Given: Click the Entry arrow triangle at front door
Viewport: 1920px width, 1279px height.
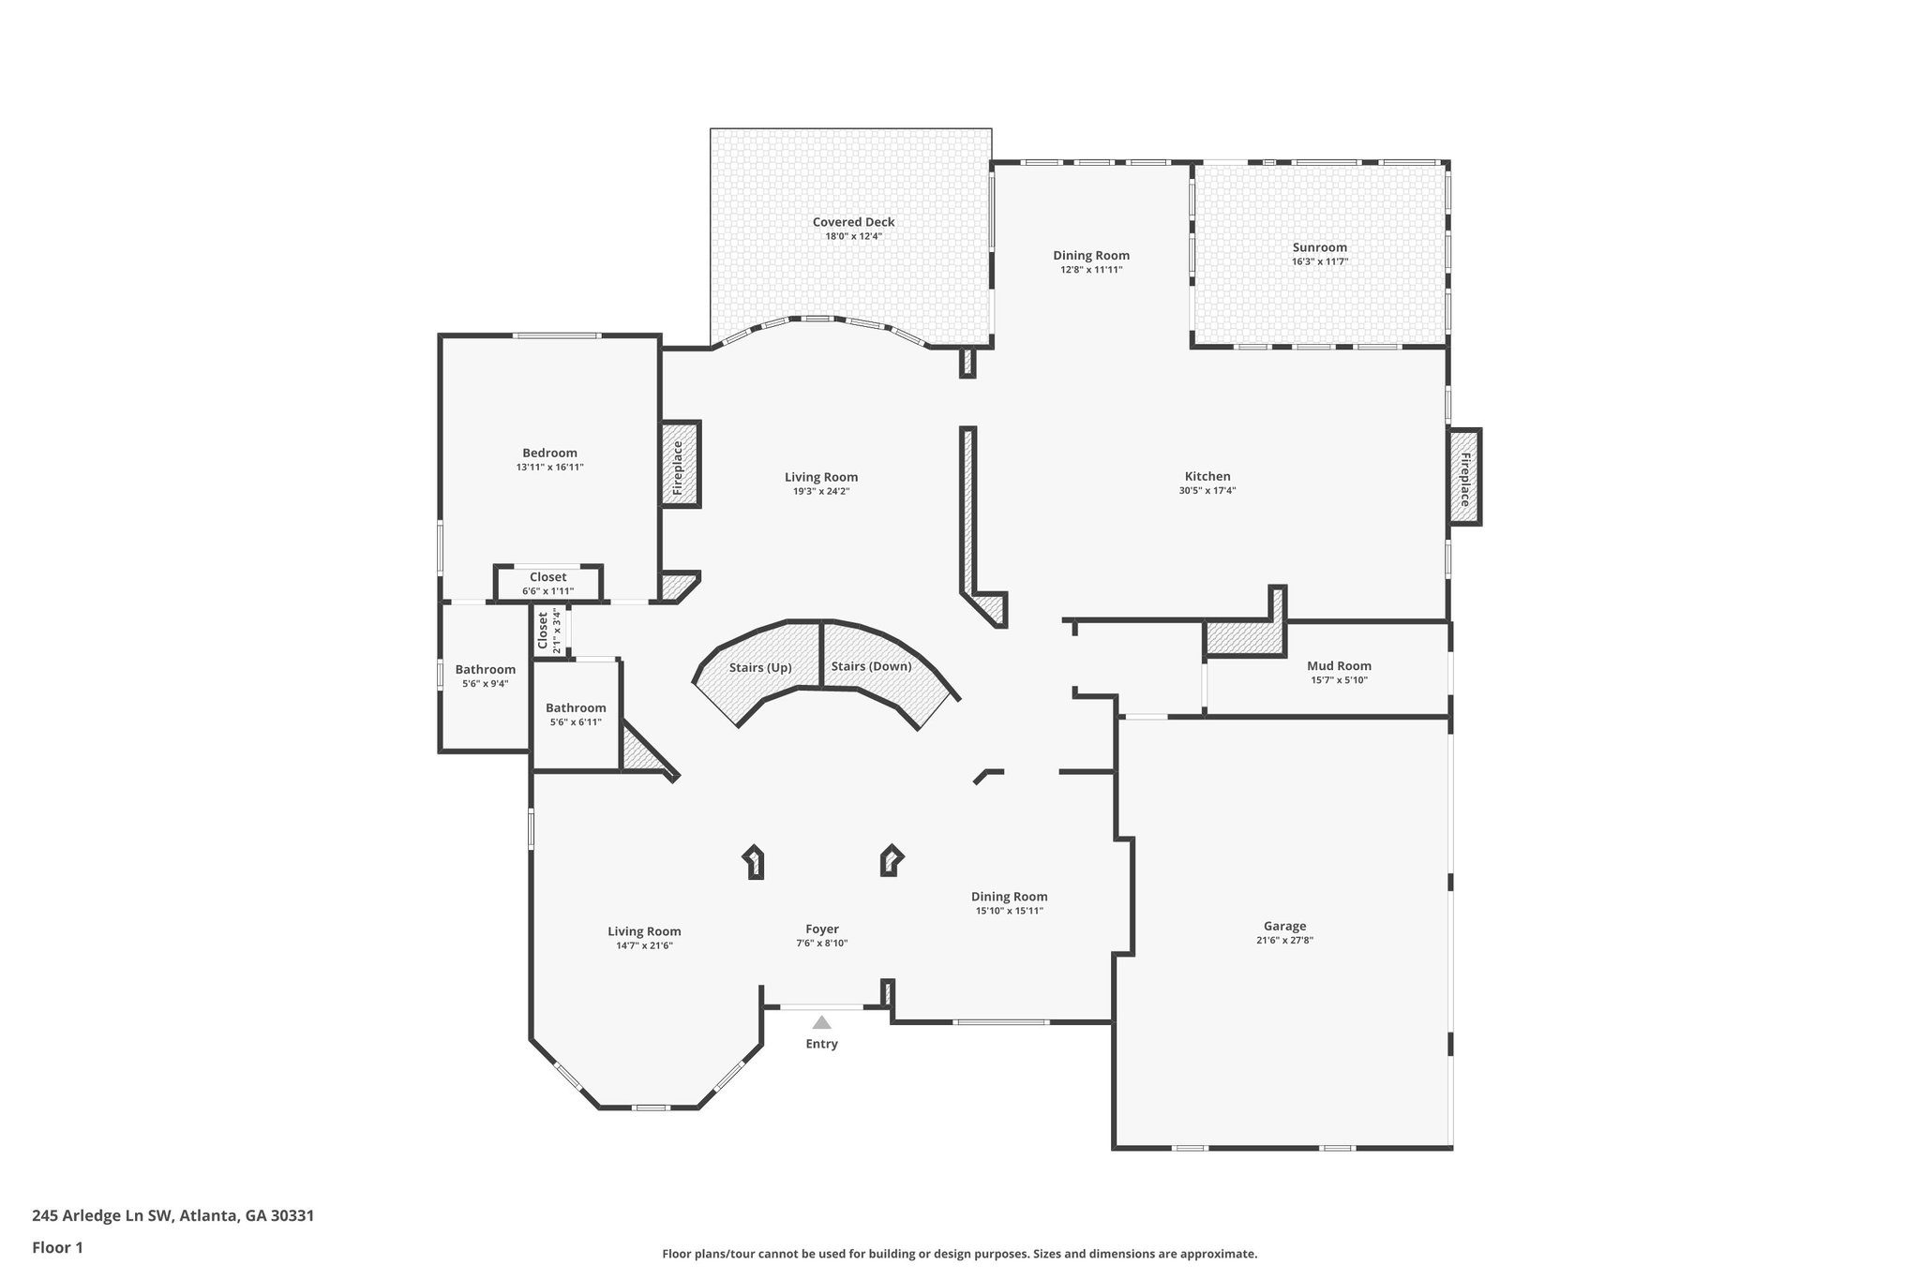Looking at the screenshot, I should click(x=821, y=1022).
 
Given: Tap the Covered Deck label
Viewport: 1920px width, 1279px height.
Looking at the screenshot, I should click(x=853, y=222).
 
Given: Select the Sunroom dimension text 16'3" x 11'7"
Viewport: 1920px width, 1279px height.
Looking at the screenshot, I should click(x=1319, y=262).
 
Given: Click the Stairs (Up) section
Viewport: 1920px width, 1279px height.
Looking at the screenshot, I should click(x=760, y=668).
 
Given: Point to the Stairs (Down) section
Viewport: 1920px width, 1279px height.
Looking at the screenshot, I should click(x=871, y=666).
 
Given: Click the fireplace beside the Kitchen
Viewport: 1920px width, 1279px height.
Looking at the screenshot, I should click(x=1464, y=478).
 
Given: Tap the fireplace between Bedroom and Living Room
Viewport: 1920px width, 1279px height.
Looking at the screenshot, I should click(x=680, y=466).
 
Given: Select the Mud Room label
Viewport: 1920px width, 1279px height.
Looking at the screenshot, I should click(x=1339, y=666).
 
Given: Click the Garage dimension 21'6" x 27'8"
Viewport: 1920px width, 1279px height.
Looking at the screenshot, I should click(x=1284, y=941).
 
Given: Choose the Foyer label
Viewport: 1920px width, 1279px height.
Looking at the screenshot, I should click(x=822, y=930).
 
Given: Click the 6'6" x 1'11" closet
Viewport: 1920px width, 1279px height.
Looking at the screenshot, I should click(x=548, y=584).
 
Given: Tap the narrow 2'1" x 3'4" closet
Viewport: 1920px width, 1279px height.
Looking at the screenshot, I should click(x=547, y=632).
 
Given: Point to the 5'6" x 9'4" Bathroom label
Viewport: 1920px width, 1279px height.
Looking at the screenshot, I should click(x=485, y=670).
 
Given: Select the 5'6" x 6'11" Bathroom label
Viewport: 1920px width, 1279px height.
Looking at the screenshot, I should click(x=576, y=708).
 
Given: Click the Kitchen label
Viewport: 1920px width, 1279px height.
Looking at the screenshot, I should click(x=1207, y=476).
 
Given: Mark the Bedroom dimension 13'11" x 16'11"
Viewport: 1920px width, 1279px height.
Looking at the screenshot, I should click(x=549, y=467).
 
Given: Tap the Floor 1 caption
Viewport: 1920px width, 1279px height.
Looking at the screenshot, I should click(x=57, y=1247).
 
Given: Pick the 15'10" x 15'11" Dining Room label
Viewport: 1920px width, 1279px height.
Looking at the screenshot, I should click(x=1009, y=897).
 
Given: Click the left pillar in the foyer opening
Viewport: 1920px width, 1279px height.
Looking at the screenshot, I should click(x=754, y=862).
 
